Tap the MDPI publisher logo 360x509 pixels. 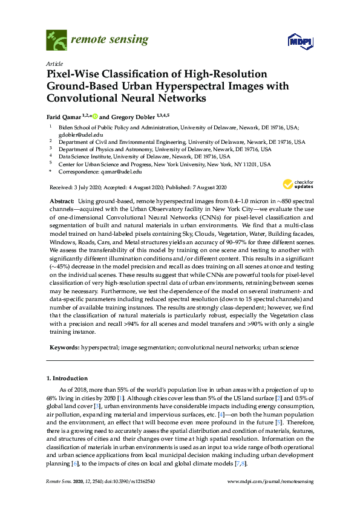tap(294, 42)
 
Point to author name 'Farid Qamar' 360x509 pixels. tap(64, 116)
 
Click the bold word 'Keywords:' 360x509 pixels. tap(63, 348)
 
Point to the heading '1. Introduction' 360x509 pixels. tap(67, 378)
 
